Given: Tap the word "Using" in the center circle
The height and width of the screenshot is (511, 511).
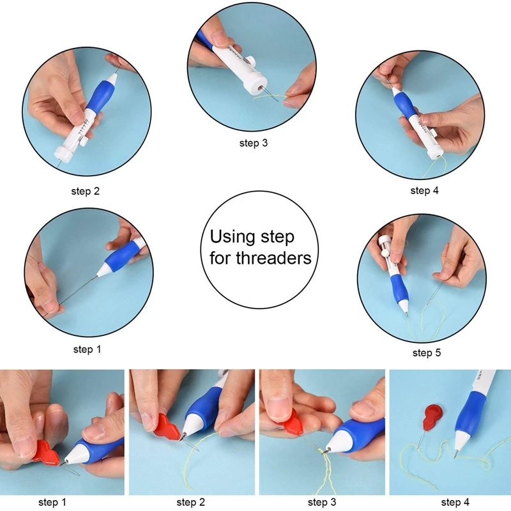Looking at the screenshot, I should coord(233,237).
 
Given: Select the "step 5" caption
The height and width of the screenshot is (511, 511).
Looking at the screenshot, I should coord(426,353).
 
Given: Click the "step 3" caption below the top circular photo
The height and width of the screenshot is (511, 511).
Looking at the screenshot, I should coord(254,143).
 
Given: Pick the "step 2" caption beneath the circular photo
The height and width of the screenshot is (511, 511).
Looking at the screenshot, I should coord(85,190).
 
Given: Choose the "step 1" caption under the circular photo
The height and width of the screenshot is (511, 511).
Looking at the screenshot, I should coord(88,349).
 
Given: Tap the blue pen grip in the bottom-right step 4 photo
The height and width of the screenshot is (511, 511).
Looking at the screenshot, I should coord(475,412).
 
